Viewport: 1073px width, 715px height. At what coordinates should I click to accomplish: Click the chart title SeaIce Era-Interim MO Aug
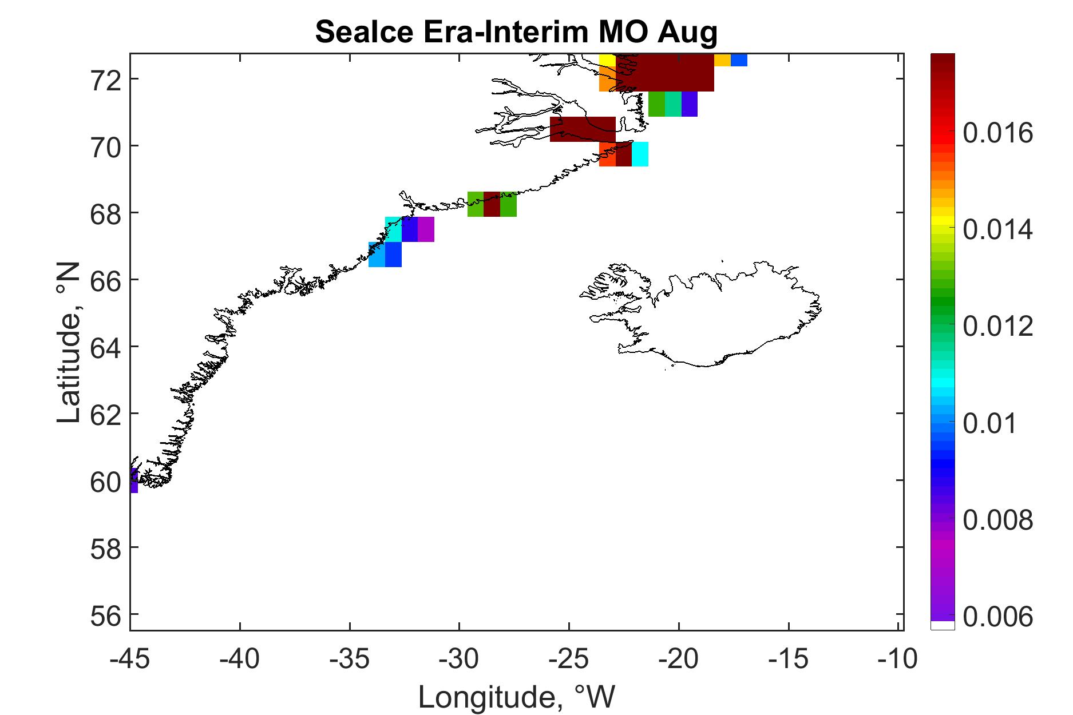coord(516,32)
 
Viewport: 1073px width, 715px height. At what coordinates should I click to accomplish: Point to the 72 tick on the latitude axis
coord(106,79)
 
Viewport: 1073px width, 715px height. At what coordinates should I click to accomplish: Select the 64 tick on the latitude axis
coord(106,347)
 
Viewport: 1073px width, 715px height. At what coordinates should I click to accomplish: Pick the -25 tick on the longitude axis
coord(569,659)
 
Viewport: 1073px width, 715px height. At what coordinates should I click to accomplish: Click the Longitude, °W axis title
coord(517,697)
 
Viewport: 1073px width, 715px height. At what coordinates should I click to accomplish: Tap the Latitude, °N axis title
coord(70,343)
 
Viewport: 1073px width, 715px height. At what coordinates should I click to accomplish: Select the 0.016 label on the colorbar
coord(998,133)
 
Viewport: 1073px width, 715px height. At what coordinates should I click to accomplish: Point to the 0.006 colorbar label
coord(998,617)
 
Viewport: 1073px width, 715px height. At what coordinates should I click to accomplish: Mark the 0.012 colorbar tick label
coord(998,327)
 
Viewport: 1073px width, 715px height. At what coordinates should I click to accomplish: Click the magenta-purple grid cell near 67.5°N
coord(426,229)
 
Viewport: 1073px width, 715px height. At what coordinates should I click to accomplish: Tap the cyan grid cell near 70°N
coord(640,154)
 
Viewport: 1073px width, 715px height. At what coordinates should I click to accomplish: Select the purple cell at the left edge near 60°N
coord(134,480)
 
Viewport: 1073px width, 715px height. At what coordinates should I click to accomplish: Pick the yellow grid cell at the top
coord(607,60)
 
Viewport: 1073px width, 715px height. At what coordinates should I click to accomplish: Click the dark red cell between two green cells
coord(492,204)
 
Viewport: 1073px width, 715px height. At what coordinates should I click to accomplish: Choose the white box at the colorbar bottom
coord(943,625)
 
